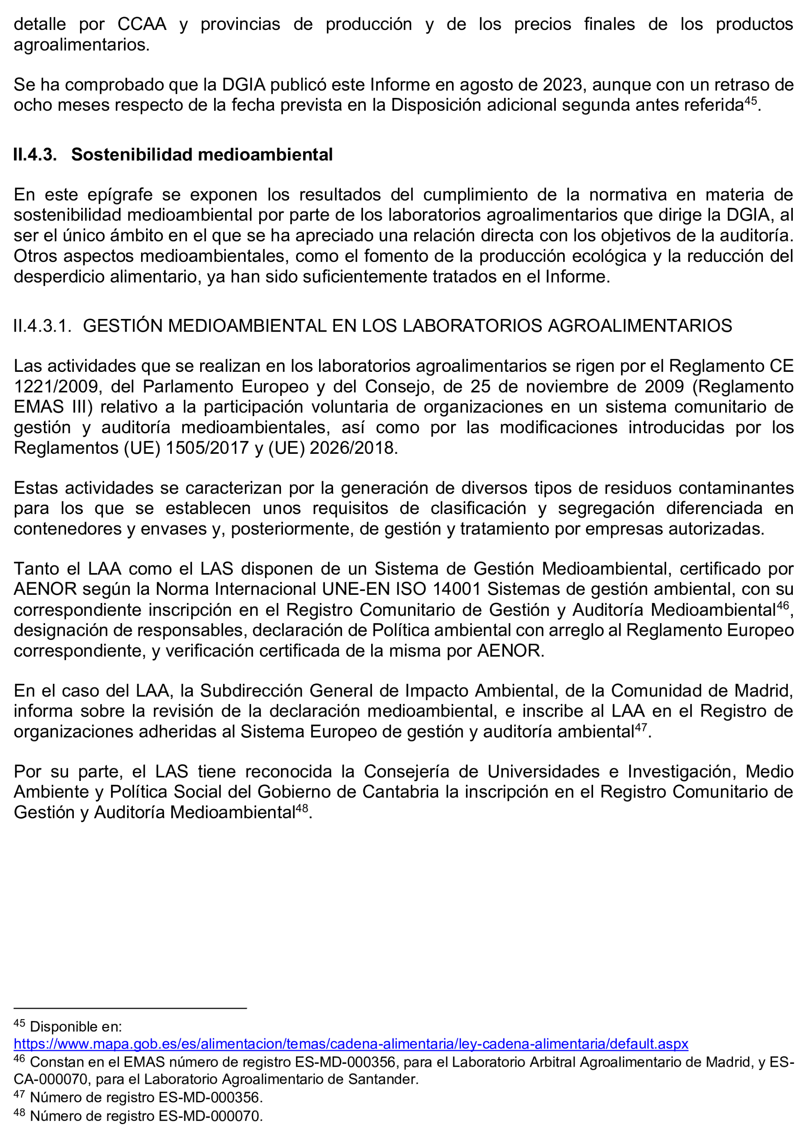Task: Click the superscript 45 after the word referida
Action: pyautogui.click(x=750, y=100)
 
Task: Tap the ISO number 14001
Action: pyautogui.click(x=457, y=589)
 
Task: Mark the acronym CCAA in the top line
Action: pyautogui.click(x=142, y=24)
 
